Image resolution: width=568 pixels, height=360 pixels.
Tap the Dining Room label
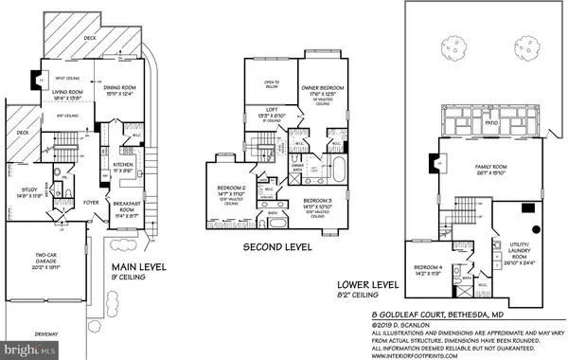click(127, 88)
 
